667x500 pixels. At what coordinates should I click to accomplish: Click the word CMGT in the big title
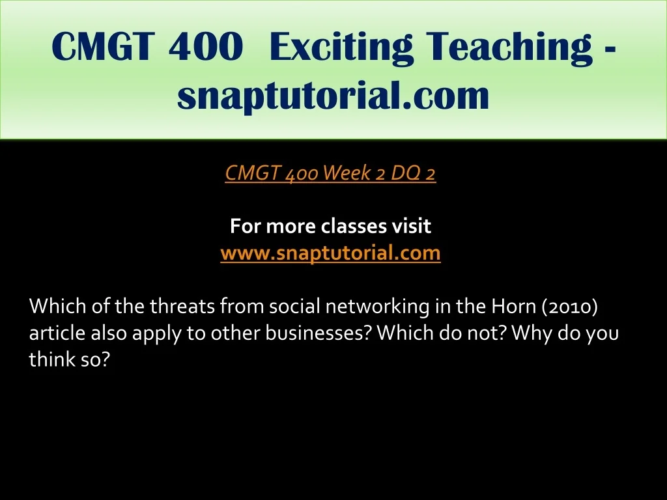pos(102,46)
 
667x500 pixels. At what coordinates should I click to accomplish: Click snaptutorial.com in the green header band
pos(333,95)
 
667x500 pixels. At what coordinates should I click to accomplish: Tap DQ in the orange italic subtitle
pos(403,173)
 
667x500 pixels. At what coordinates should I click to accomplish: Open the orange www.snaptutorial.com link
pos(330,253)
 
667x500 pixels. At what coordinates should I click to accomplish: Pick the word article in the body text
pos(57,333)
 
